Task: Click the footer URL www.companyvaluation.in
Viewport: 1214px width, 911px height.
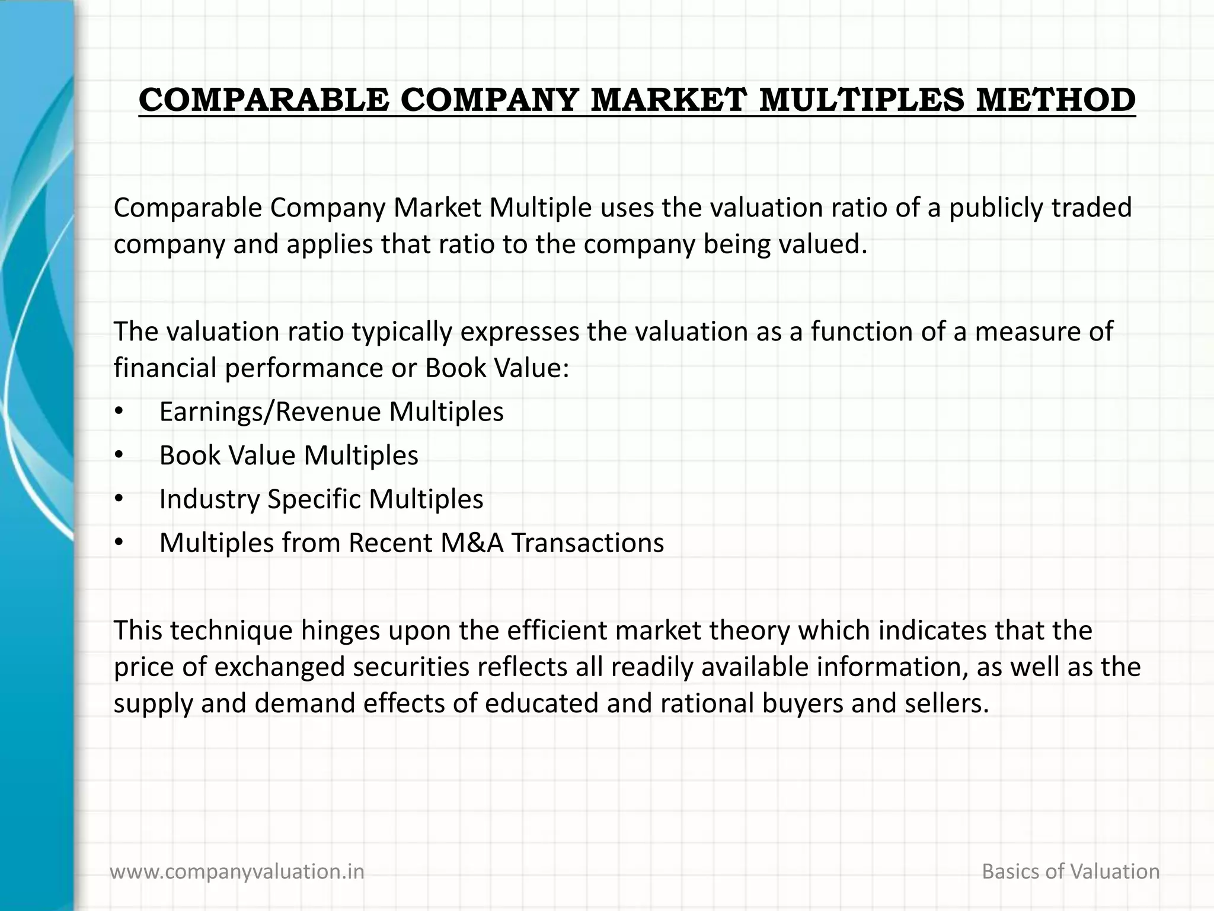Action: pyautogui.click(x=237, y=871)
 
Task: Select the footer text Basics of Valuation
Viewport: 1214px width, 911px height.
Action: pyautogui.click(x=1071, y=871)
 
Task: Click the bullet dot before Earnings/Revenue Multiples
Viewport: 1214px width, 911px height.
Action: pyautogui.click(x=119, y=412)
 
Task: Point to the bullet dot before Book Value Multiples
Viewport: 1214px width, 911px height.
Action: pyautogui.click(x=119, y=455)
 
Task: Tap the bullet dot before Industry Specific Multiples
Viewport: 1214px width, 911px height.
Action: pyautogui.click(x=119, y=499)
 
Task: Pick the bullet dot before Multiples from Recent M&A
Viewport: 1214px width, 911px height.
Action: pyautogui.click(x=119, y=543)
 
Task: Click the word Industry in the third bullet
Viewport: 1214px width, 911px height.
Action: pyautogui.click(x=209, y=499)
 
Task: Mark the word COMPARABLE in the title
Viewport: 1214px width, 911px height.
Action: pyautogui.click(x=264, y=100)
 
